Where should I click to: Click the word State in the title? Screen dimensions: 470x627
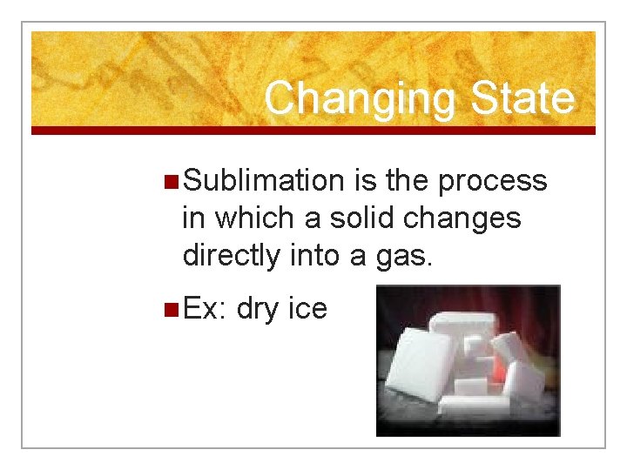click(522, 98)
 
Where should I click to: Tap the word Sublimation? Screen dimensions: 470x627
click(265, 181)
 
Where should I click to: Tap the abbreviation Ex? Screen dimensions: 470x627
click(206, 307)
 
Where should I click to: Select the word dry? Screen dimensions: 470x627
click(257, 308)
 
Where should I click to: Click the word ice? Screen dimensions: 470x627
click(307, 307)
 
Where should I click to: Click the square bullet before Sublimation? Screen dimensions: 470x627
click(172, 182)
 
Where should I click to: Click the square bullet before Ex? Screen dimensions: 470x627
click(172, 308)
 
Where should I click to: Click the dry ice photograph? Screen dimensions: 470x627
click(468, 360)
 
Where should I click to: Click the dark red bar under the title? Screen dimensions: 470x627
click(313, 131)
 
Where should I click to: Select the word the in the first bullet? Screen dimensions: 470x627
click(405, 181)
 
